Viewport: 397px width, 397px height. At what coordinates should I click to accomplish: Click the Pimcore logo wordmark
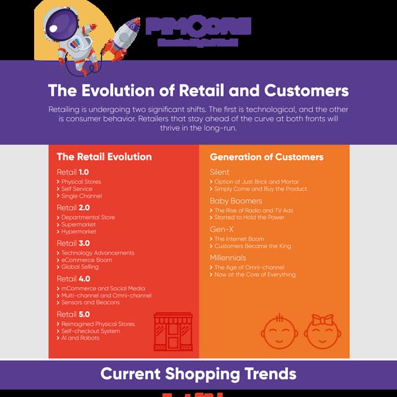tap(198, 26)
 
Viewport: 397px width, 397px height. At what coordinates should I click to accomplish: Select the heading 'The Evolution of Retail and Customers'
tap(198, 91)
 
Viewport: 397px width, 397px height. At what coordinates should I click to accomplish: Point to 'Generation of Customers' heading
tap(266, 157)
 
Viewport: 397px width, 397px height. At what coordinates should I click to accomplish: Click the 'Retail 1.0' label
tap(73, 171)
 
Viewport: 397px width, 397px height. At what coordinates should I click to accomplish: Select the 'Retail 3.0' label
tap(73, 243)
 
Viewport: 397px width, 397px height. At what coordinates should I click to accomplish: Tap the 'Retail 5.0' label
tap(73, 314)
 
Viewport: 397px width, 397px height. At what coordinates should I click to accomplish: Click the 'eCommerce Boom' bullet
tap(87, 260)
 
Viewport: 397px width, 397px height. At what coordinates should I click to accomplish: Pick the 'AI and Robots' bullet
tap(81, 338)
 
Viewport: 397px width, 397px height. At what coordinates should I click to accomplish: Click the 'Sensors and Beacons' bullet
tap(91, 303)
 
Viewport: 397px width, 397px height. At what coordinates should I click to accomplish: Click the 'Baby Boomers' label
tap(236, 201)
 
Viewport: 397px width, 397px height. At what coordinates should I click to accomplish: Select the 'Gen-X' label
tap(221, 229)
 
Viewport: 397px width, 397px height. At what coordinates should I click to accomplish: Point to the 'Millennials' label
tap(228, 257)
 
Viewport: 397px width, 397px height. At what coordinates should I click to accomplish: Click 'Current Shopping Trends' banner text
tap(198, 374)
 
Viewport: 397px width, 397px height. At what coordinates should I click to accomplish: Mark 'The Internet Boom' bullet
tap(239, 239)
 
